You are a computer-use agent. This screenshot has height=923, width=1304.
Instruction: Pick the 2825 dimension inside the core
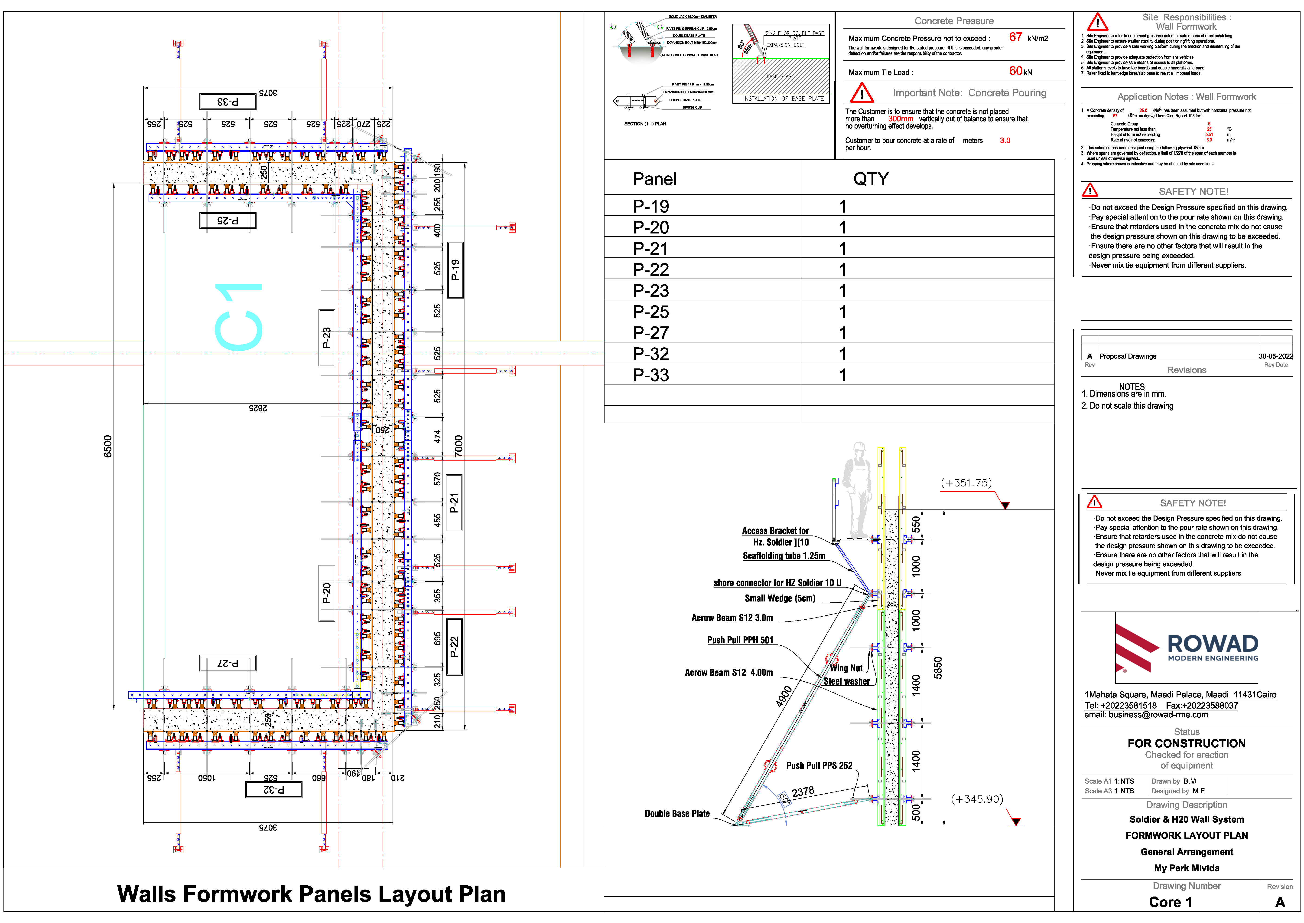click(258, 408)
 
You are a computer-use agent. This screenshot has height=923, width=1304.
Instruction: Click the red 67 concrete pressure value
click(1015, 37)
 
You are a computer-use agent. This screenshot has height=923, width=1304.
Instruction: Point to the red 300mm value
click(901, 119)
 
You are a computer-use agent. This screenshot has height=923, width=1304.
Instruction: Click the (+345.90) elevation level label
click(977, 799)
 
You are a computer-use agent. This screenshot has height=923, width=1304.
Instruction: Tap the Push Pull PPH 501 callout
click(740, 640)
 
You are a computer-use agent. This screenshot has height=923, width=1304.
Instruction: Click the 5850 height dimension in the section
click(938, 668)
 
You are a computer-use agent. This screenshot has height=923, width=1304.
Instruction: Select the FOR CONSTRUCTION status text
click(1187, 743)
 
